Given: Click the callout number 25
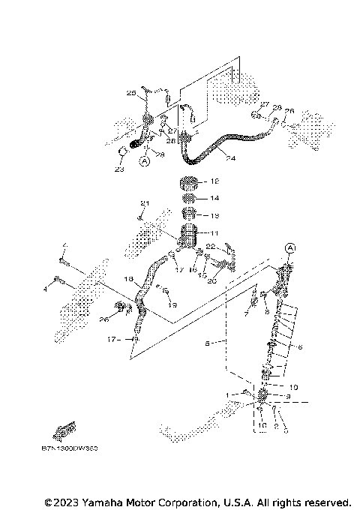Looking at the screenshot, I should (x=131, y=94).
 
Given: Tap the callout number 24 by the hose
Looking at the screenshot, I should (x=230, y=159).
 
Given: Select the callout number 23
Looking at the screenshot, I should (x=118, y=169).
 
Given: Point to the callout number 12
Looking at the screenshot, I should (x=214, y=181).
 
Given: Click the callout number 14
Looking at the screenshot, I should (x=214, y=199).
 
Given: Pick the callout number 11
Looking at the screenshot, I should (x=214, y=233).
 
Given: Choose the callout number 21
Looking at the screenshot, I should (x=145, y=203).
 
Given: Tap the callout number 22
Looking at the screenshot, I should (x=211, y=246).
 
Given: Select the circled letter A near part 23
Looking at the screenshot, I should (x=145, y=160).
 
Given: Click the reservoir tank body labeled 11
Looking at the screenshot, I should (x=187, y=235).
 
